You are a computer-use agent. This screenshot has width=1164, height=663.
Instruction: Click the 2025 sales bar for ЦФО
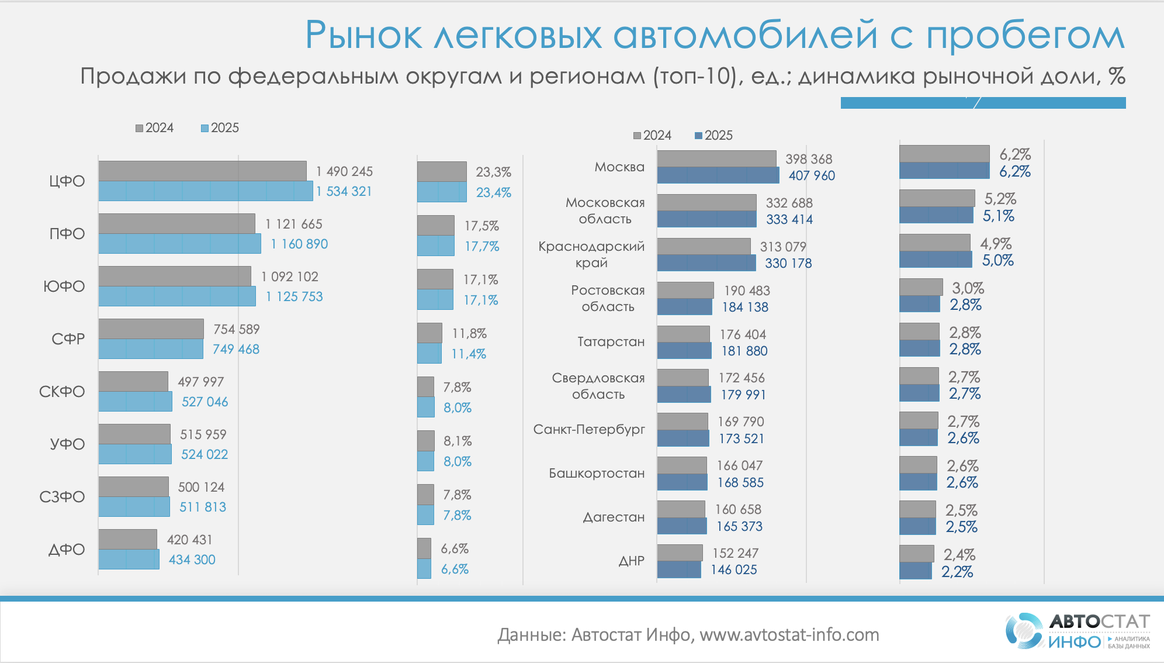coord(206,191)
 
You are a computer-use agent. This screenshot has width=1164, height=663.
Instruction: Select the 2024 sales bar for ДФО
coord(128,539)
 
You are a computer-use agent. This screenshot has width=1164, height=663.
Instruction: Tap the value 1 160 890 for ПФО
coord(299,244)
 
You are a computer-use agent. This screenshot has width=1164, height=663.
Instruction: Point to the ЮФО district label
coord(64,286)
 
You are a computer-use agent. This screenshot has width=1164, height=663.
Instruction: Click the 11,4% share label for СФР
coord(469,354)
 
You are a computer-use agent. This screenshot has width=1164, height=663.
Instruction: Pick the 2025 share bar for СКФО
coord(426,407)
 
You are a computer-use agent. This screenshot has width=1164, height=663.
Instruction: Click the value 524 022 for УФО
coord(205,454)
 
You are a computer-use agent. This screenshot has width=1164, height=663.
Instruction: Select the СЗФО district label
coord(63,497)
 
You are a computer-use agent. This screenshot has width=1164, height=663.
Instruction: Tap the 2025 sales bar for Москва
coord(718,175)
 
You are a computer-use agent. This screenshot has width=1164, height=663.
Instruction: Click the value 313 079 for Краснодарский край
coord(783,247)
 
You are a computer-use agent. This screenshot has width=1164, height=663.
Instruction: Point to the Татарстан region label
coord(611,341)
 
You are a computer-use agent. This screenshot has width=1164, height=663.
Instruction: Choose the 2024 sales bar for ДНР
coord(680,552)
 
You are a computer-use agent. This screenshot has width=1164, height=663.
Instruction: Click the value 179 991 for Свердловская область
coord(743,395)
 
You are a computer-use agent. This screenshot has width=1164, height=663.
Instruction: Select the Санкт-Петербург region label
coord(589,429)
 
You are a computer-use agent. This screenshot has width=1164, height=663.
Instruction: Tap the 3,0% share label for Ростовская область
coord(968,288)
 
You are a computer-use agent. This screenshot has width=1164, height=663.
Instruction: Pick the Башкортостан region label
coord(597,473)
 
